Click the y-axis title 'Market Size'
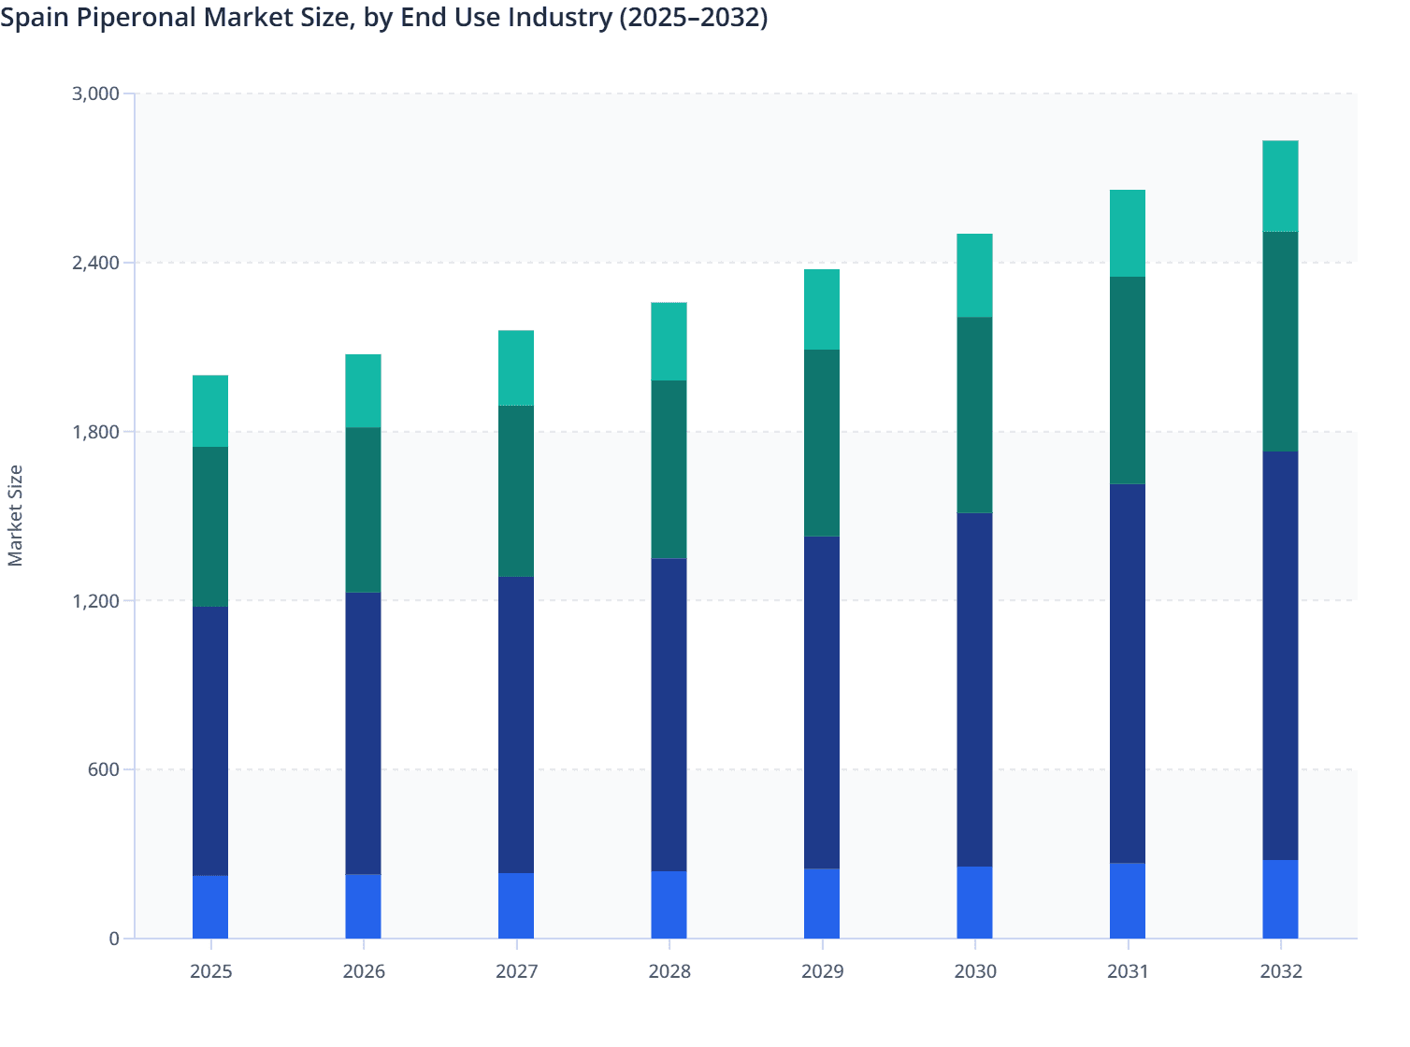click(x=15, y=515)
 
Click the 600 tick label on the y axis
click(x=104, y=769)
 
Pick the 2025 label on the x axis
click(x=210, y=971)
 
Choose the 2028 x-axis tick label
click(x=669, y=971)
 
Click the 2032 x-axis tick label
click(x=1280, y=971)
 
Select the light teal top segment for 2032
click(x=1280, y=186)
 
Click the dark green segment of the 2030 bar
click(x=974, y=415)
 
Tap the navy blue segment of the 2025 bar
click(x=210, y=741)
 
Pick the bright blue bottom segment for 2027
click(x=516, y=906)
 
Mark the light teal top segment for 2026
click(x=363, y=391)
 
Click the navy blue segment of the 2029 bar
click(x=822, y=702)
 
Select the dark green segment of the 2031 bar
click(x=1128, y=380)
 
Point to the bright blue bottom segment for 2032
click(x=1280, y=899)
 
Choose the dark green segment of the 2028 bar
click(x=669, y=469)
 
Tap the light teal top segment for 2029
click(x=822, y=309)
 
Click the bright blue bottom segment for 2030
click(x=974, y=902)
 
